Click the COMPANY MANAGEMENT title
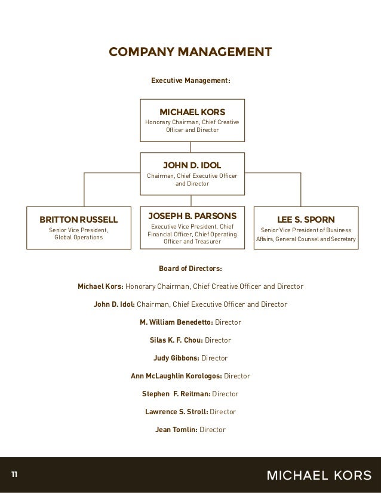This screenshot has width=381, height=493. [190, 52]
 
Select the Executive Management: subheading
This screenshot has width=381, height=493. [190, 80]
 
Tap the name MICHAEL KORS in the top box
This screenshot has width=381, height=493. [192, 112]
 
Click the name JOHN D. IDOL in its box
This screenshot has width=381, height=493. [192, 164]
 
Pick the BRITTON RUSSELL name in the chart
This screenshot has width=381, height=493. [78, 218]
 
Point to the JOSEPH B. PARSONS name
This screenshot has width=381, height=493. [192, 215]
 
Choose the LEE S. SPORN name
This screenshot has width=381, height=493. [306, 218]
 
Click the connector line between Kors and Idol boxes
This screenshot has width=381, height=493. [190, 146]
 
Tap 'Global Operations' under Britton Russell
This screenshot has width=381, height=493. [78, 238]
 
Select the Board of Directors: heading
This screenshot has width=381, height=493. [190, 269]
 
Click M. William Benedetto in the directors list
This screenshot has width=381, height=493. [176, 322]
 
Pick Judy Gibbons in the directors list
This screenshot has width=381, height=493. [177, 358]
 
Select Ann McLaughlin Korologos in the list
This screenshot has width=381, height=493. [176, 376]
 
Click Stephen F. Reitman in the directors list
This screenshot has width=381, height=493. [176, 394]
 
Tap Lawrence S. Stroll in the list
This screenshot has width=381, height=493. [176, 412]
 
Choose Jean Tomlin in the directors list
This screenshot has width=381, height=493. [176, 429]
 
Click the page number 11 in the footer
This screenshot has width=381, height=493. [14, 475]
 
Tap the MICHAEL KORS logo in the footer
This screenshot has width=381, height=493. [318, 475]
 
